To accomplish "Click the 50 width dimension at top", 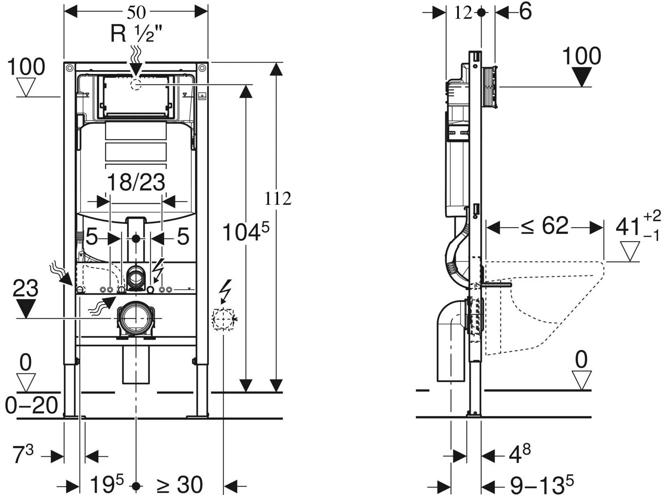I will [x=136, y=12].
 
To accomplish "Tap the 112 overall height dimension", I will [x=278, y=198].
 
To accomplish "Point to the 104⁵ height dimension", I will [x=245, y=232].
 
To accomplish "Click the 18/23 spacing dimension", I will [x=136, y=182].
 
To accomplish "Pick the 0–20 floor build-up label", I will [x=31, y=405].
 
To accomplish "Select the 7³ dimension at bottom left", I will [x=23, y=455].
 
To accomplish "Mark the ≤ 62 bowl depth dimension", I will [x=545, y=226].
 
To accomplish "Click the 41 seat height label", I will [x=637, y=226].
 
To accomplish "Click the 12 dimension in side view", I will [x=463, y=13].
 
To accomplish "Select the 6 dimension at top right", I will [x=525, y=12].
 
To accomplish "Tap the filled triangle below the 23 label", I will [x=26, y=309].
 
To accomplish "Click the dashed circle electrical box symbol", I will [x=223, y=319].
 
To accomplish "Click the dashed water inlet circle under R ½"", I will [x=135, y=85].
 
